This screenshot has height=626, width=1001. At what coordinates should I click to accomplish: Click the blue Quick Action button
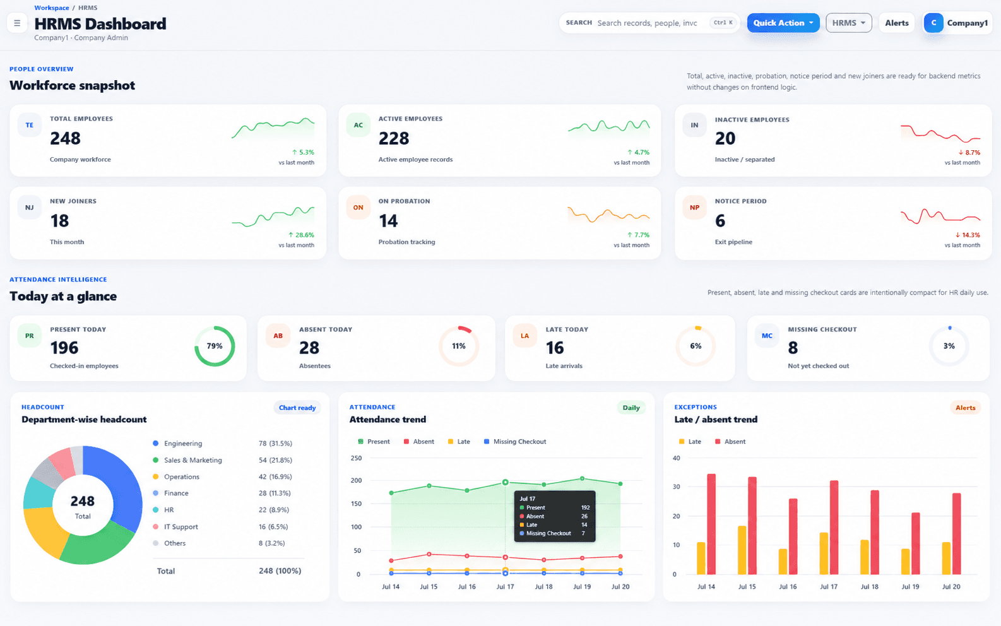click(x=783, y=23)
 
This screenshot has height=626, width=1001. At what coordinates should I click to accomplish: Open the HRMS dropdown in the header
click(x=849, y=23)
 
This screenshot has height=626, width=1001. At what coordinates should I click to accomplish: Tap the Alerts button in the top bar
click(x=896, y=23)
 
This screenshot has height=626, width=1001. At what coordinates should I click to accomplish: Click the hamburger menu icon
click(x=17, y=23)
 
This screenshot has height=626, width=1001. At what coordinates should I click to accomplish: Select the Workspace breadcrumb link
click(x=51, y=8)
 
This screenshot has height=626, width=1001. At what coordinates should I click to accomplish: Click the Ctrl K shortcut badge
click(x=723, y=22)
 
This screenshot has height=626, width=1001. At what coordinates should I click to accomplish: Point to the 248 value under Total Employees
click(x=65, y=138)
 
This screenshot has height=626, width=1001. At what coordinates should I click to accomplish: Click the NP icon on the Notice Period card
click(x=694, y=208)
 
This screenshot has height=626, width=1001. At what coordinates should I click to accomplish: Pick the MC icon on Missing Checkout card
click(x=767, y=336)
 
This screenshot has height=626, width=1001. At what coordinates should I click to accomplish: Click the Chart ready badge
click(x=297, y=408)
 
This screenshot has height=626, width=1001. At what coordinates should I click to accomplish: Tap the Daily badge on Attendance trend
click(x=631, y=408)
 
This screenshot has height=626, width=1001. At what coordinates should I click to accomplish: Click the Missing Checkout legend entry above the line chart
click(x=515, y=442)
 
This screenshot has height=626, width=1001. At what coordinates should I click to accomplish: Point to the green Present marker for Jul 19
click(x=583, y=478)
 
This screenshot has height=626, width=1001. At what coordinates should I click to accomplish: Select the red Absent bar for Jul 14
click(x=711, y=524)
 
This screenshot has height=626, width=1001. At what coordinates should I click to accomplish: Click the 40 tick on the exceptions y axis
click(x=676, y=458)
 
